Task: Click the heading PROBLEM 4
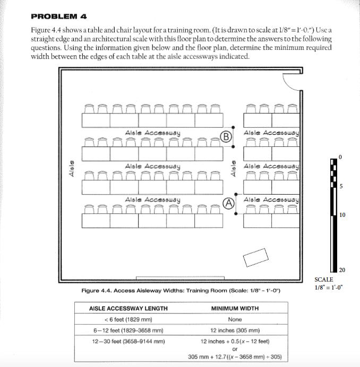58,16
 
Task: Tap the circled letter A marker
229,203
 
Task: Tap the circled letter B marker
226,136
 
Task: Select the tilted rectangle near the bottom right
256,258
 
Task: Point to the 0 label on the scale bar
340,157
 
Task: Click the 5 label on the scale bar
341,186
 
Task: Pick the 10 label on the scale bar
342,215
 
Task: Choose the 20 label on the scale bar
342,270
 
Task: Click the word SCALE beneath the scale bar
324,279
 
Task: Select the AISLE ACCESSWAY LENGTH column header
128,308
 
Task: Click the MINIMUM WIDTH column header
235,308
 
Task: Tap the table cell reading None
235,319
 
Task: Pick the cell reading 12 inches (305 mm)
235,330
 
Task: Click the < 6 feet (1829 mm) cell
128,319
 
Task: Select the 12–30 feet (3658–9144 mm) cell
128,341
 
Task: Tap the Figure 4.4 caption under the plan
181,291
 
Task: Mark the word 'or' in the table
235,349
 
